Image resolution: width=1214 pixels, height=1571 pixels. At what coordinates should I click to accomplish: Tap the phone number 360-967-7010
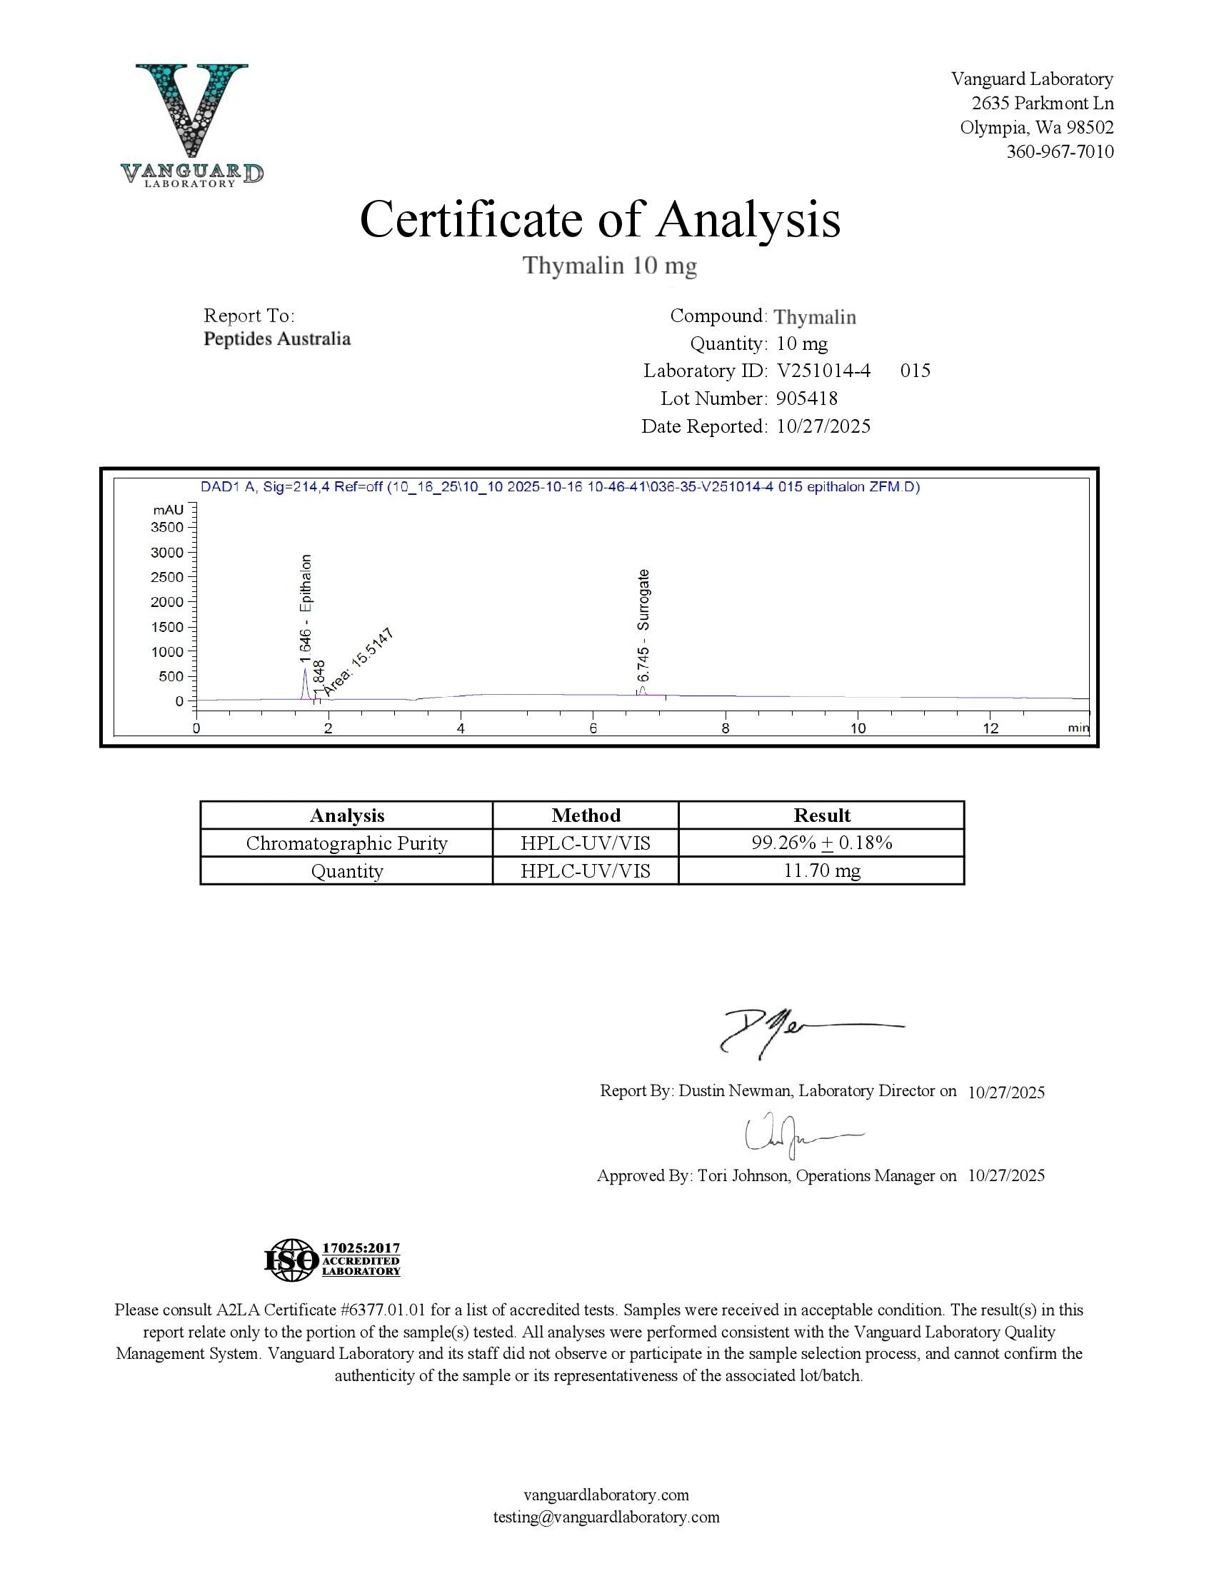(x=1059, y=152)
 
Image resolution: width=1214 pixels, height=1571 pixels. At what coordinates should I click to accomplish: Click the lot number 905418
(x=807, y=398)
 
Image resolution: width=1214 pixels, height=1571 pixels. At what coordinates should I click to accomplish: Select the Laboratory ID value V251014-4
(x=823, y=371)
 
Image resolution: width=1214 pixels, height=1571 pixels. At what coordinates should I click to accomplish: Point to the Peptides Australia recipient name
(x=277, y=338)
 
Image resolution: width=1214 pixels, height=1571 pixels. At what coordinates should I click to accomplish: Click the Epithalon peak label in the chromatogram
(x=306, y=608)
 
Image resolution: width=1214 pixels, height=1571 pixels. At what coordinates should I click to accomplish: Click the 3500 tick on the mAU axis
(x=167, y=527)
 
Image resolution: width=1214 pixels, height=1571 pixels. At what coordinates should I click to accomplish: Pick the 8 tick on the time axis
(x=725, y=728)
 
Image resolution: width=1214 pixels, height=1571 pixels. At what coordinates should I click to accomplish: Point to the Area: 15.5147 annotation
(x=358, y=662)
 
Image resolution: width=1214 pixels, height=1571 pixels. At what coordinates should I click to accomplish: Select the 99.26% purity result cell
(x=821, y=843)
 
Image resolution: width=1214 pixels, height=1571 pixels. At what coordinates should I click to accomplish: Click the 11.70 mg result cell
(x=821, y=871)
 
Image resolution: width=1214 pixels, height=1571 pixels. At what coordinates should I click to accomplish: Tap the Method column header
(x=586, y=815)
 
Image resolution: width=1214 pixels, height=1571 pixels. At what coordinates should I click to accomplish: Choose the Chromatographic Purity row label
(x=346, y=843)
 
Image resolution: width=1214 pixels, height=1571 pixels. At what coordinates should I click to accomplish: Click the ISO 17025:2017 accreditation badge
(x=332, y=1260)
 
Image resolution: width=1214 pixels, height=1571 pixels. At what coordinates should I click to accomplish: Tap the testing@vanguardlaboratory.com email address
(x=606, y=1517)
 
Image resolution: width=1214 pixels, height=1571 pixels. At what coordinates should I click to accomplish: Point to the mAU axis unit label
(x=169, y=510)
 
